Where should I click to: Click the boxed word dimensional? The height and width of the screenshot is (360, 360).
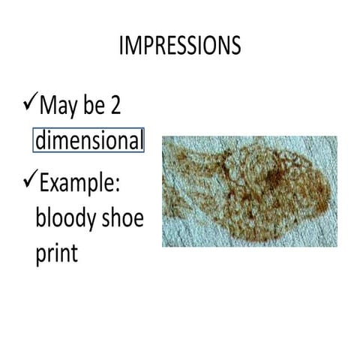[x=88, y=140]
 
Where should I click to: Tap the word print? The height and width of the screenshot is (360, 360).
[x=56, y=253]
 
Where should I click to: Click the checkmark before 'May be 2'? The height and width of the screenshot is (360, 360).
[x=29, y=100]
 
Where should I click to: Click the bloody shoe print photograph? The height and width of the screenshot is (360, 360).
[x=249, y=191]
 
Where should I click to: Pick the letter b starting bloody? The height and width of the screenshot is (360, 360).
[x=40, y=218]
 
